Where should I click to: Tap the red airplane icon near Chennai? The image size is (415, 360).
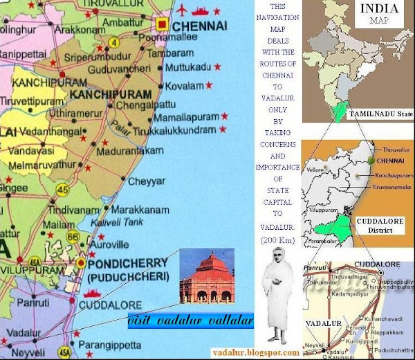pyautogui.click(x=182, y=9)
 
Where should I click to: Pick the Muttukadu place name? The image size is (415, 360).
pyautogui.click(x=187, y=67)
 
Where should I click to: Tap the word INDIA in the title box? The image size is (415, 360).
pyautogui.click(x=380, y=9)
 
